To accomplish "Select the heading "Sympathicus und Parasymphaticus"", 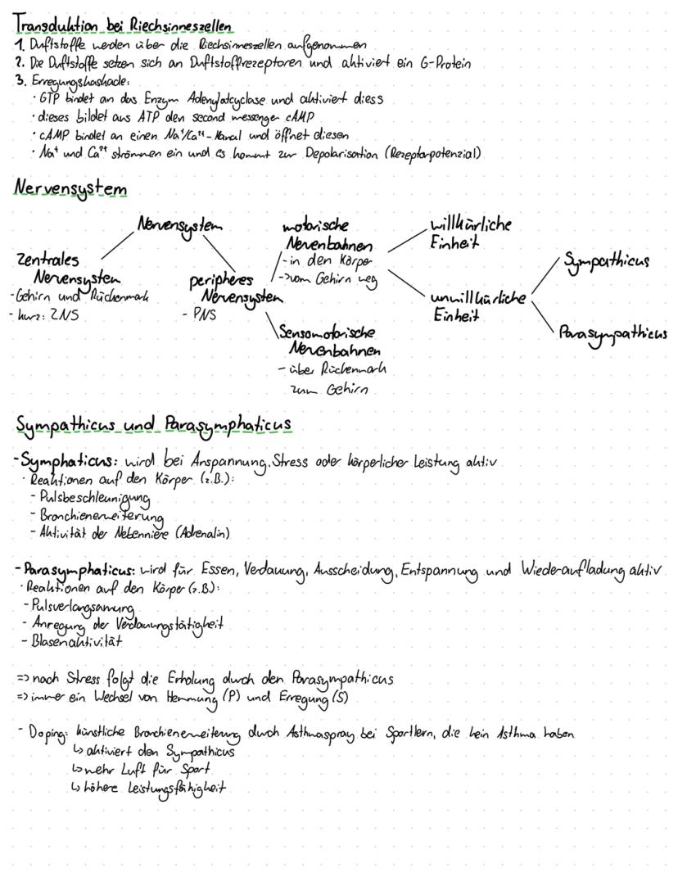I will (154, 425).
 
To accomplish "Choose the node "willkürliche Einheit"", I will (470, 233).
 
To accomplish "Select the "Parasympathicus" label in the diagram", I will (612, 334).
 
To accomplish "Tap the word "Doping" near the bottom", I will (43, 735).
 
